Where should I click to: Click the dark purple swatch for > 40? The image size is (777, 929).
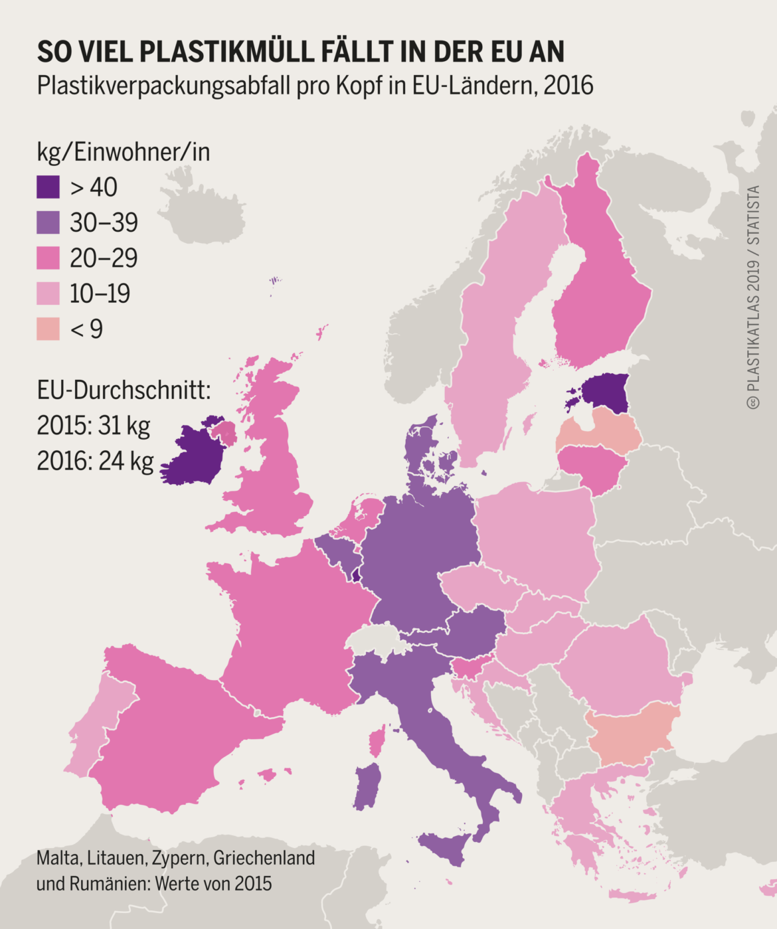click(x=48, y=187)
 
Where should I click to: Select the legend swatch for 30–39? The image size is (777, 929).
click(x=48, y=222)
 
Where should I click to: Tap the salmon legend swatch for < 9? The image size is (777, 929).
click(x=48, y=329)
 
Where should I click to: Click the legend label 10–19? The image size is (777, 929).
click(x=100, y=294)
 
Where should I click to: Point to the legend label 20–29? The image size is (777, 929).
click(x=104, y=258)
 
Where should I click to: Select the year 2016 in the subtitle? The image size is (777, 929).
click(x=568, y=86)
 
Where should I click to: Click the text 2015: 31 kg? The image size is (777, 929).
click(x=93, y=425)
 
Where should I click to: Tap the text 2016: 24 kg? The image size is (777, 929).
click(x=95, y=460)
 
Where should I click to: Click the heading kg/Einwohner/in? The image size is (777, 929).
click(x=124, y=152)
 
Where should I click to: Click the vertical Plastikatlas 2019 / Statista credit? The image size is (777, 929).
click(x=753, y=297)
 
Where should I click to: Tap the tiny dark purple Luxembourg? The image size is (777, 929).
click(x=356, y=576)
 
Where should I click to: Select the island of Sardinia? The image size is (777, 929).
click(x=367, y=787)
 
